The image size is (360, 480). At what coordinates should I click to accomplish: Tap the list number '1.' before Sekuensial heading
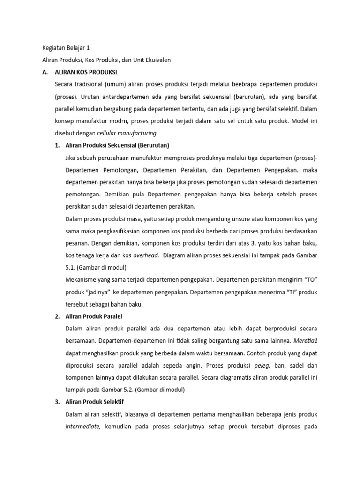[x=58, y=145]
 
